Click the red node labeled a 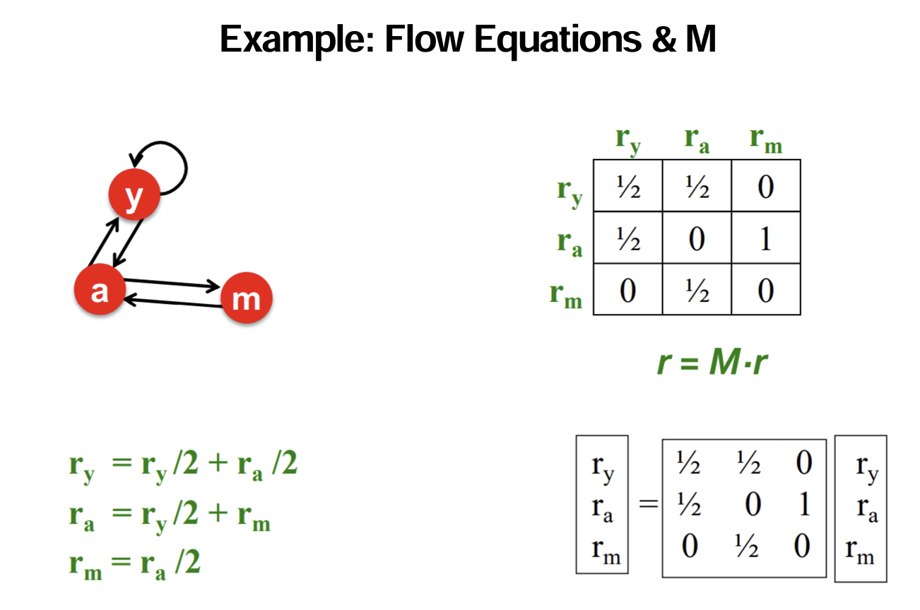[x=100, y=290]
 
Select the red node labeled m [x=246, y=299]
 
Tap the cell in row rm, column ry [x=627, y=289]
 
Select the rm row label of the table [x=566, y=293]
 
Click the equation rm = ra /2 [x=134, y=564]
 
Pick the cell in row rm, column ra [x=696, y=289]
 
